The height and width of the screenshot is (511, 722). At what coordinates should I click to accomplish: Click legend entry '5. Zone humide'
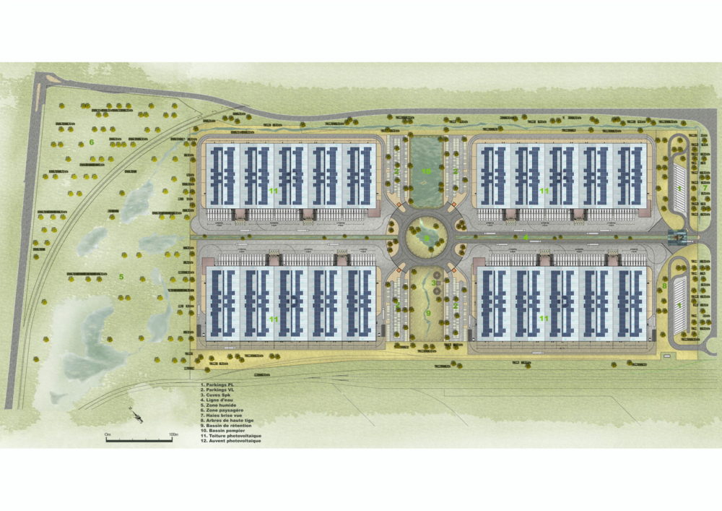coord(219,406)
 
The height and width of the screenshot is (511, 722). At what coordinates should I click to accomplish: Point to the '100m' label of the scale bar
coord(173,434)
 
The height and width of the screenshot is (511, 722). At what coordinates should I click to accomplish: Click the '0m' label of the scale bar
coord(108,434)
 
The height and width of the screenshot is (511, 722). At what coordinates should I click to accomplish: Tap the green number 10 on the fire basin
coord(426,171)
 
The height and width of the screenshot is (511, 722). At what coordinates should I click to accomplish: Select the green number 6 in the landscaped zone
coord(92,142)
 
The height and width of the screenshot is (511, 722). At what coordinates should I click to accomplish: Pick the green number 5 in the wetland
coord(121,276)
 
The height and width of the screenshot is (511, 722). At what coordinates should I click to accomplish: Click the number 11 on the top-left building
coord(274,190)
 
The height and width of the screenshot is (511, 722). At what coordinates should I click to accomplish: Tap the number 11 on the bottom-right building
coord(544,318)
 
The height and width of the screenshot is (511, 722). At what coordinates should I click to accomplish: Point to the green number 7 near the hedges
coord(705,188)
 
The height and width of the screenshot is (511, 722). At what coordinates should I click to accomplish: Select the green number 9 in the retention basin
coord(427,313)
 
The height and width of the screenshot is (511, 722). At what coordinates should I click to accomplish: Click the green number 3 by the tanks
coord(433,283)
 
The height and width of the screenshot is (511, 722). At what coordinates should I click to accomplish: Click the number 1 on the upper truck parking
coord(679,188)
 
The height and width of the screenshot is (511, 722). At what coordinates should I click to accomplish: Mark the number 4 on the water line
coord(526,236)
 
